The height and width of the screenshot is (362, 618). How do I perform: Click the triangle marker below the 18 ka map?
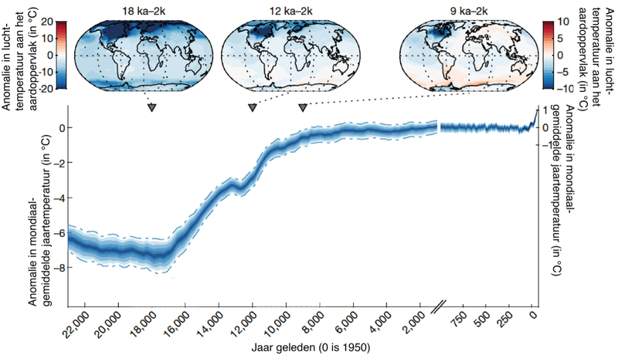152,108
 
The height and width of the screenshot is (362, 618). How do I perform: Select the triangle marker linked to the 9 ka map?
303,108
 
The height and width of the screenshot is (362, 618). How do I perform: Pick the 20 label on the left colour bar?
46,22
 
